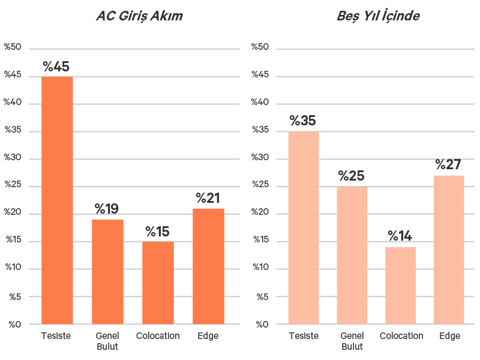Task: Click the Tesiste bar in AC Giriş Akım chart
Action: tap(57, 200)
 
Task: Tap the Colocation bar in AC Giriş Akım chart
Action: tap(158, 283)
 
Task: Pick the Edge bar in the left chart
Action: tap(208, 266)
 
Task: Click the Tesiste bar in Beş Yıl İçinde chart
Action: tap(304, 228)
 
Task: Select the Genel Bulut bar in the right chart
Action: tap(352, 256)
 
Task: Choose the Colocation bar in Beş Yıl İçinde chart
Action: tap(400, 286)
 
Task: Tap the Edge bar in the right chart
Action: tap(449, 250)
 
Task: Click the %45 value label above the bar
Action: tap(56, 67)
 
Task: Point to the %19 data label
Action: tap(107, 209)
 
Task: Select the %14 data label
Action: tap(400, 236)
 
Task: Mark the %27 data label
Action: tap(449, 164)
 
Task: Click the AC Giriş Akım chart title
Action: tap(139, 16)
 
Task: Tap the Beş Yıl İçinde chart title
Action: tap(378, 16)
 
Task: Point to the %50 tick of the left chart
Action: tap(13, 47)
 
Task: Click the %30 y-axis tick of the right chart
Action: tap(260, 158)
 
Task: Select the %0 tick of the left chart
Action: tap(14, 325)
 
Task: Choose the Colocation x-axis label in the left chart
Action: tap(158, 336)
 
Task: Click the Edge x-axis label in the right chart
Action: tap(449, 336)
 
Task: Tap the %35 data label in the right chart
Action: tap(303, 121)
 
